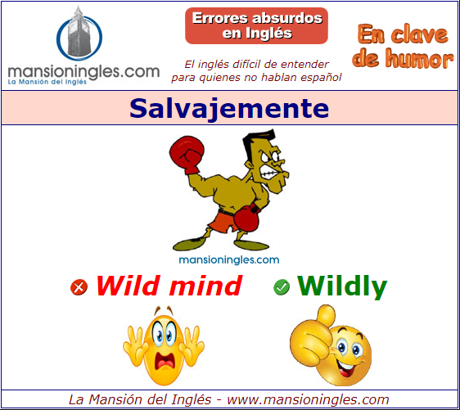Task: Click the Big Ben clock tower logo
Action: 79,34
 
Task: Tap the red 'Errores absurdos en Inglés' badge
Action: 256,26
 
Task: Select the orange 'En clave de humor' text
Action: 403,47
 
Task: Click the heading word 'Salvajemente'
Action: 229,108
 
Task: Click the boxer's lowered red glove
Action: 246,218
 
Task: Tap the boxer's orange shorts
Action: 225,222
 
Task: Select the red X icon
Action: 79,287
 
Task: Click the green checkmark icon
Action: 282,287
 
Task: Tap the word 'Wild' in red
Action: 129,286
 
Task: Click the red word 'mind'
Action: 205,286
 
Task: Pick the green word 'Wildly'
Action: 342,287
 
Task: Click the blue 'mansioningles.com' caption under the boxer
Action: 229,260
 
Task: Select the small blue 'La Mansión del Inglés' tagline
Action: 47,82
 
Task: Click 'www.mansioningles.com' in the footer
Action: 308,399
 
